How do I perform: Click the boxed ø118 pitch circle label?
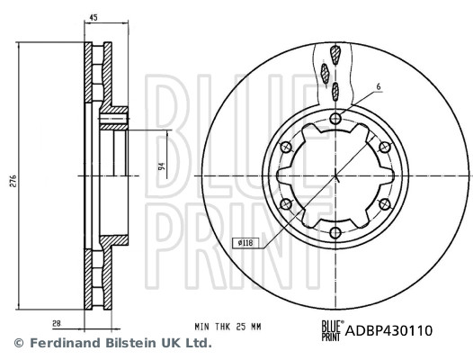point(245,241)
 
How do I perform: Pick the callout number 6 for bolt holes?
point(379,87)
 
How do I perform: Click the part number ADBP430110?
point(389,330)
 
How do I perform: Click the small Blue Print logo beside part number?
point(330,330)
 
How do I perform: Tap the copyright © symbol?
point(16,344)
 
